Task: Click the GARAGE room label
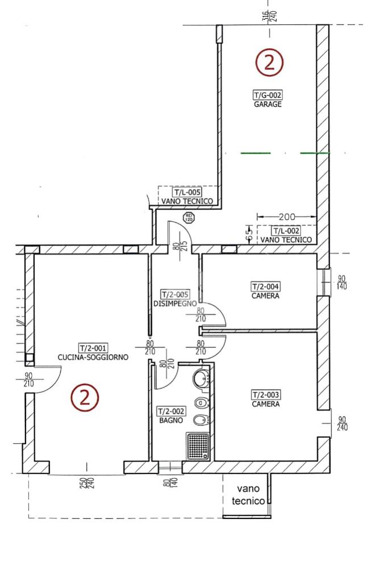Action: click(x=268, y=105)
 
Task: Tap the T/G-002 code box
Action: click(x=268, y=95)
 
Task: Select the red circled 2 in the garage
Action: click(x=269, y=63)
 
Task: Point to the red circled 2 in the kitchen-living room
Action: click(x=85, y=397)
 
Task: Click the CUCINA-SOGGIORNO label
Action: click(x=93, y=357)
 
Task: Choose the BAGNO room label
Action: click(x=171, y=420)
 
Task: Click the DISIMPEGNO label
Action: click(x=175, y=304)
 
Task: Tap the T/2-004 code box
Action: click(x=266, y=286)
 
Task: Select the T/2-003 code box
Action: click(x=266, y=394)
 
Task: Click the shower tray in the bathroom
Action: click(x=198, y=447)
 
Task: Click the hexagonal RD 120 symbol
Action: click(x=189, y=218)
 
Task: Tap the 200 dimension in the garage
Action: click(x=287, y=217)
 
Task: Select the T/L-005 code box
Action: click(x=187, y=192)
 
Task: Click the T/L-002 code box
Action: click(x=286, y=231)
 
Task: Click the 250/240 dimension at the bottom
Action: click(x=87, y=483)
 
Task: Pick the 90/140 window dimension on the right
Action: click(x=341, y=282)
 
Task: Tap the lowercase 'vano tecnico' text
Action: click(x=248, y=495)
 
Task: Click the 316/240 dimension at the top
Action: click(x=270, y=16)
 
